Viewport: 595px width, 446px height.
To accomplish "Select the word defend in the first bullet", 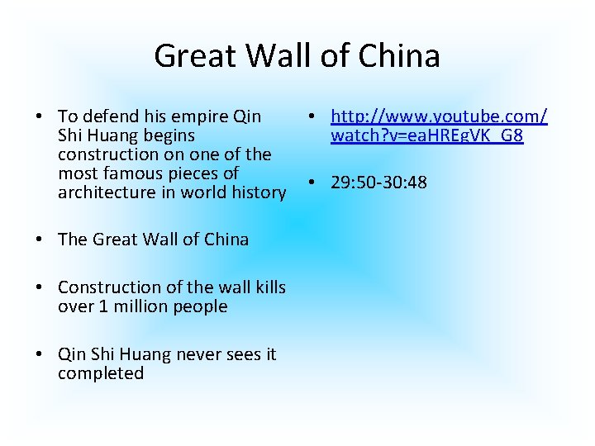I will (107, 116).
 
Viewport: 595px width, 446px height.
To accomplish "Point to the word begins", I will (167, 135).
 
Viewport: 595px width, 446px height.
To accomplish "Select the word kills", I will (266, 287).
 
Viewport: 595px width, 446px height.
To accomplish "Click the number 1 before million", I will (97, 306).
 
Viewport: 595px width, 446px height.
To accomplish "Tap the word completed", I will (101, 373).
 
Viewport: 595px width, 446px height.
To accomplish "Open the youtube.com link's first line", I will (439, 116).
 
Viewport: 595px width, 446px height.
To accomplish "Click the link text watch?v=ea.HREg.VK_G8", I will (426, 135).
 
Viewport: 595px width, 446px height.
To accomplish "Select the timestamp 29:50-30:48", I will (379, 182).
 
